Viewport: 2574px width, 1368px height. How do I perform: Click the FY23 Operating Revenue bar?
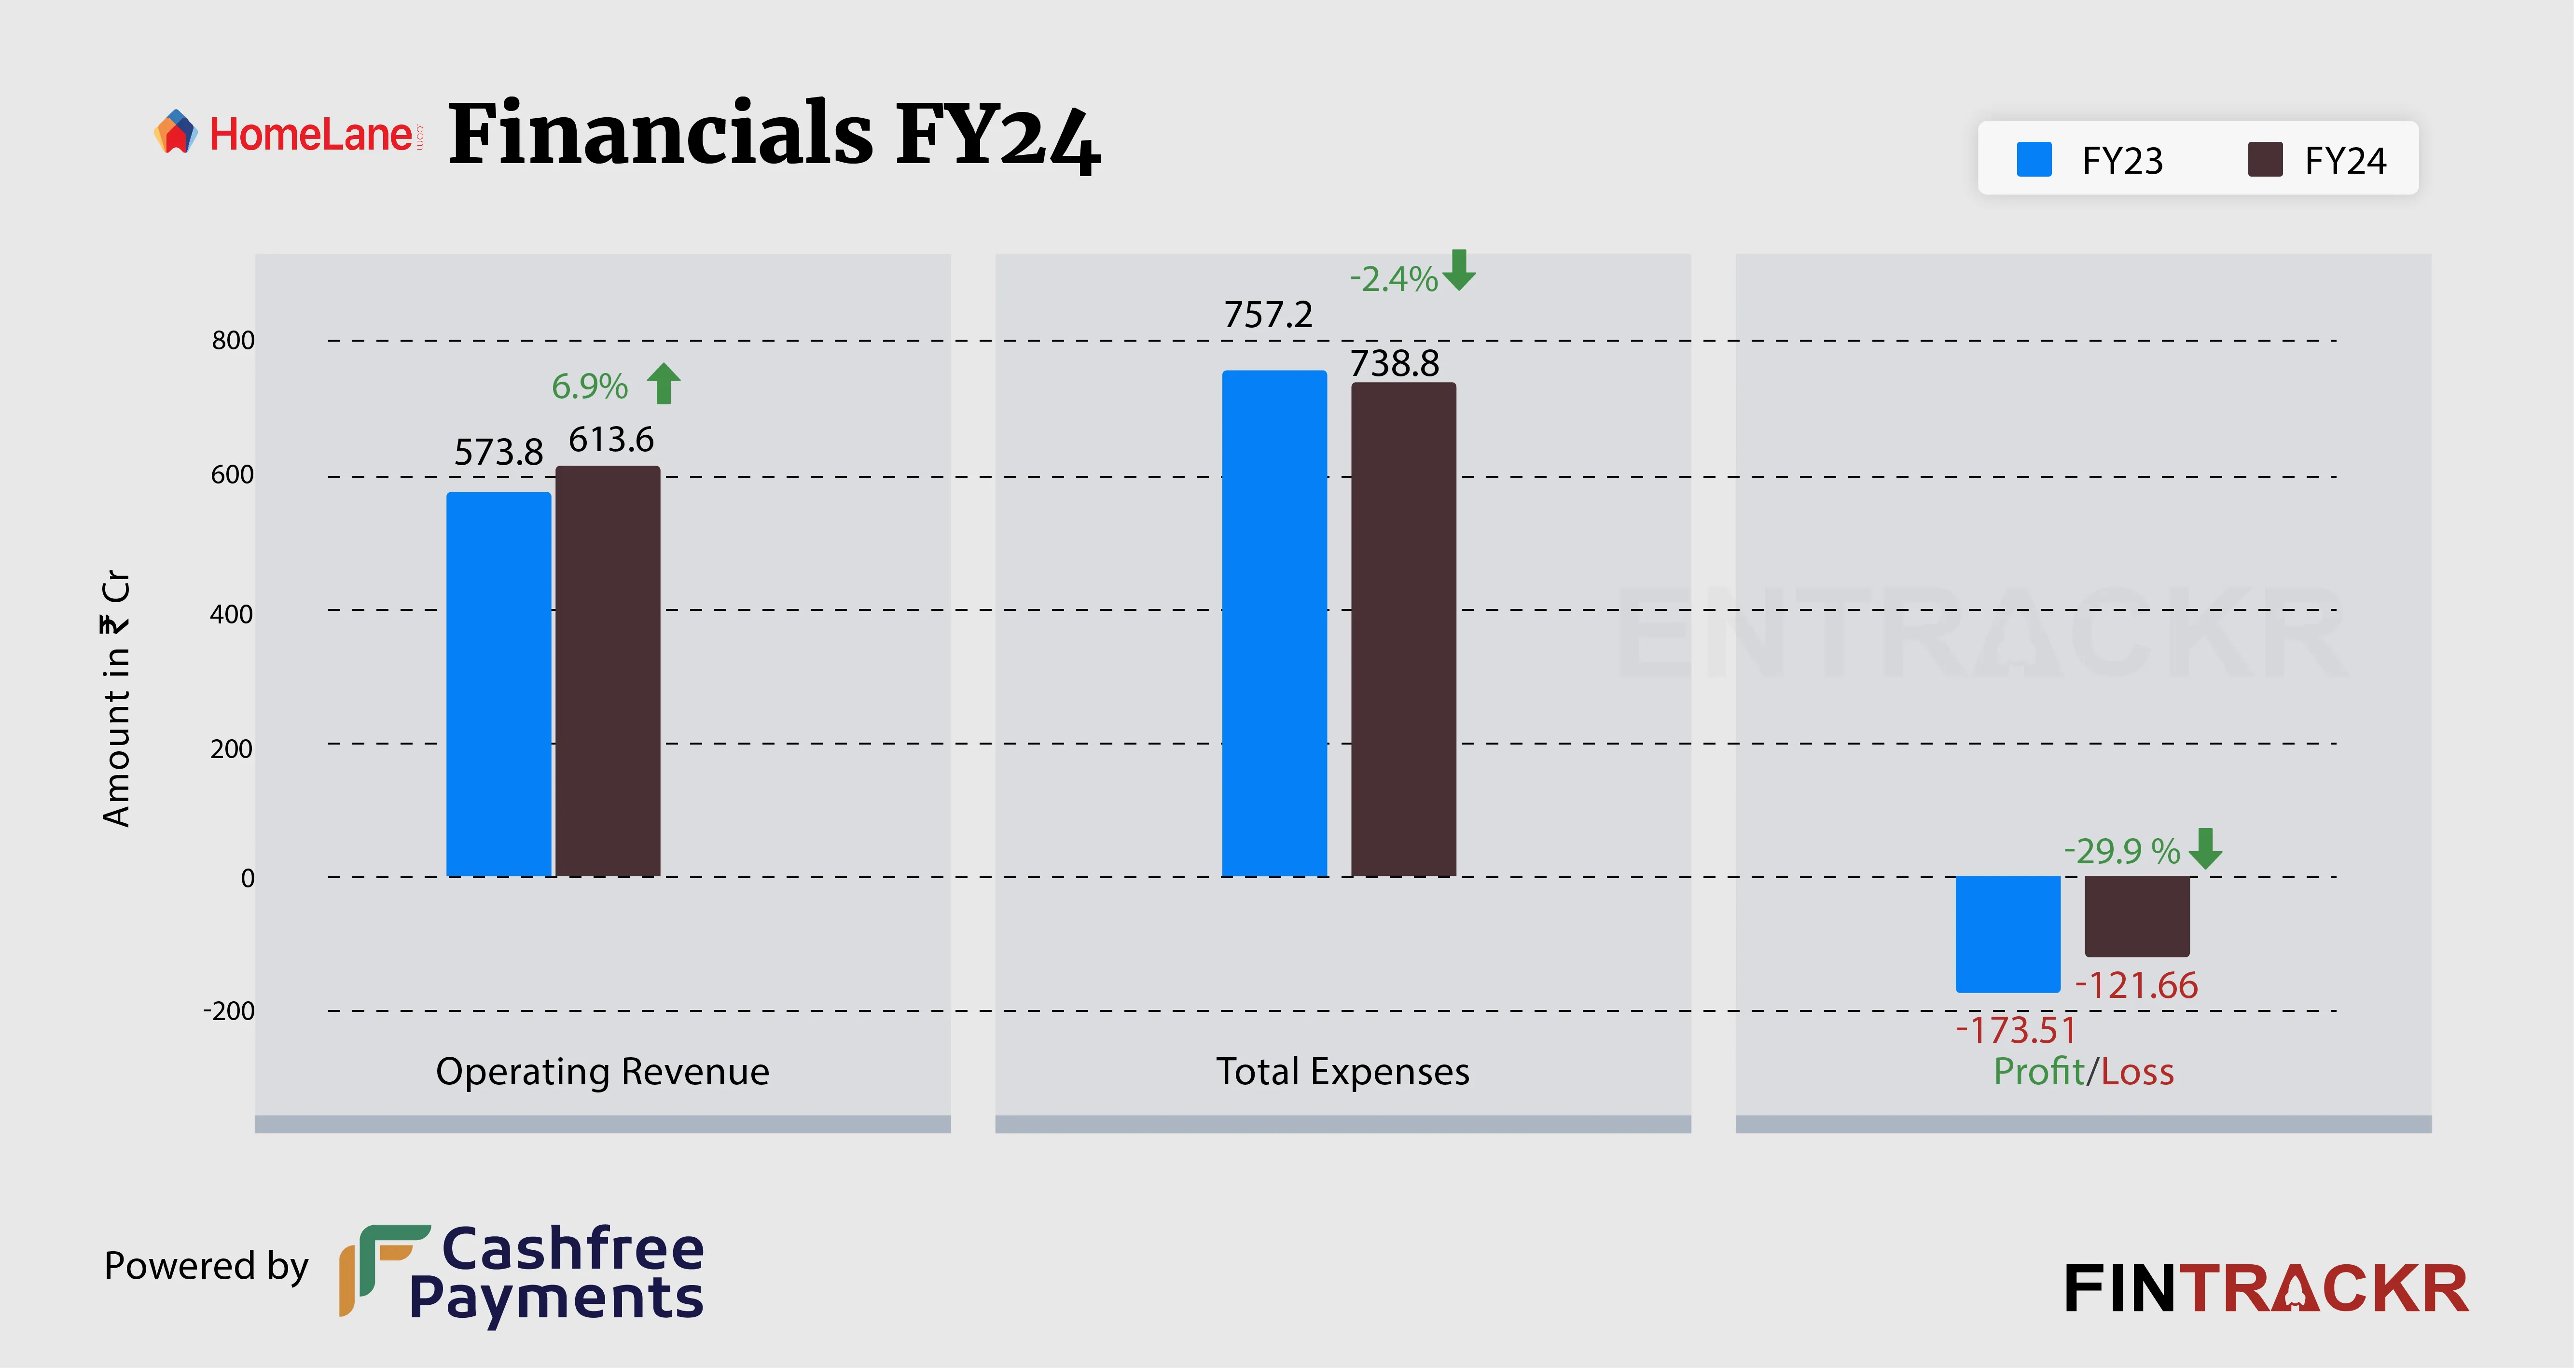click(x=498, y=685)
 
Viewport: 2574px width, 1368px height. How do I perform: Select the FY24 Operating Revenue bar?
click(x=608, y=672)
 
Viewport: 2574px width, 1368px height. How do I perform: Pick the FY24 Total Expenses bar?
click(x=1403, y=630)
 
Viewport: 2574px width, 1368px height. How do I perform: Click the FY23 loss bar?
click(x=2007, y=934)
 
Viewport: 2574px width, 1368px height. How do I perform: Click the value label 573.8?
click(x=498, y=453)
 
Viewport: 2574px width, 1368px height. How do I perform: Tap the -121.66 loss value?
click(x=2136, y=986)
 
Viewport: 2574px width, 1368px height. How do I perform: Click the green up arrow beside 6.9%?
click(x=664, y=384)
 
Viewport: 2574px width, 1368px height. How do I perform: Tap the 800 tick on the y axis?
click(x=233, y=341)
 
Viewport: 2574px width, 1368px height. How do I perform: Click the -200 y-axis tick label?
click(x=229, y=1011)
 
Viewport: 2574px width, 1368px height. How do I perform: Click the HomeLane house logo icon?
click(x=176, y=132)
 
